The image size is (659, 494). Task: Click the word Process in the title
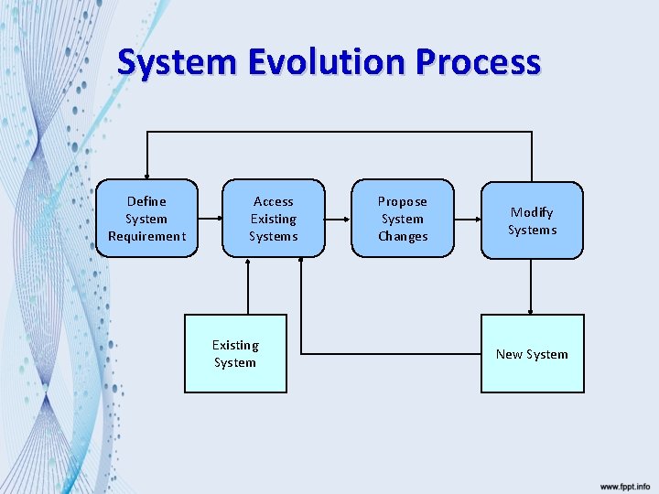coord(477,62)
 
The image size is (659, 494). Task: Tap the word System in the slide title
coord(178,62)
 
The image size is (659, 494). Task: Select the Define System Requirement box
coord(146,219)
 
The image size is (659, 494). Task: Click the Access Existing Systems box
coord(273,219)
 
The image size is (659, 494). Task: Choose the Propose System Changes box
coord(403,219)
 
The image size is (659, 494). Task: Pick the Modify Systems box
coord(532,220)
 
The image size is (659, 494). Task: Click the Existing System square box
coord(235,353)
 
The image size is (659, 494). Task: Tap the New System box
coord(532,353)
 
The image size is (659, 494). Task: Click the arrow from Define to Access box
coord(210,219)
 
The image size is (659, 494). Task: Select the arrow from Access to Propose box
coord(338,219)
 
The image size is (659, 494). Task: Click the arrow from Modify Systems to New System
coord(532,286)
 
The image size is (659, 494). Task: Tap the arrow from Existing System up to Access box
coord(247,286)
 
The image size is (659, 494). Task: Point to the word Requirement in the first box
coord(146,236)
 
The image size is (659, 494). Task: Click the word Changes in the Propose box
coord(403,236)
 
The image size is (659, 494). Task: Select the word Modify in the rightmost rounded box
coord(532,212)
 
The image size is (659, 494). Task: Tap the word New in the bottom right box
coord(508,354)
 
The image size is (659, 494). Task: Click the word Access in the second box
coord(273,201)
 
